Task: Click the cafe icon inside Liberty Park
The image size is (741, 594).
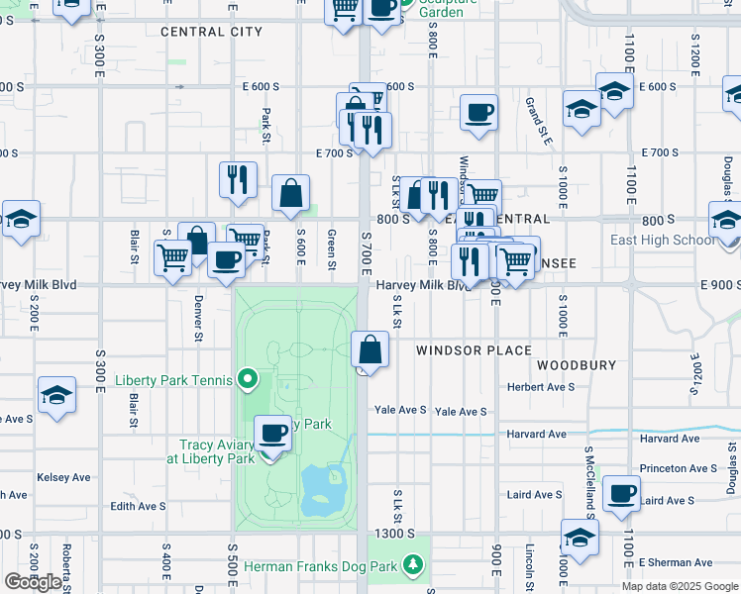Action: (x=273, y=432)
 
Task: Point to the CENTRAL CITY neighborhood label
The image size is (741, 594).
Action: (x=211, y=32)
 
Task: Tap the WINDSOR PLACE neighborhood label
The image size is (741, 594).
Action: (x=474, y=350)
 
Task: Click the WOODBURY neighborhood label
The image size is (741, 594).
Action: (x=576, y=365)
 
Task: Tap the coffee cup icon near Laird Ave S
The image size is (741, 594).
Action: (x=622, y=494)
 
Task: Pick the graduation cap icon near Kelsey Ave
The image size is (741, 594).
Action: (x=57, y=394)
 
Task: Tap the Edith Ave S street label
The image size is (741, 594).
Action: (x=138, y=506)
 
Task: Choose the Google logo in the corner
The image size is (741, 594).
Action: (x=32, y=582)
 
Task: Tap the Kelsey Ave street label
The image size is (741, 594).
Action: (x=63, y=477)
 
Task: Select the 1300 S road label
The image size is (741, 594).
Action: (x=394, y=534)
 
